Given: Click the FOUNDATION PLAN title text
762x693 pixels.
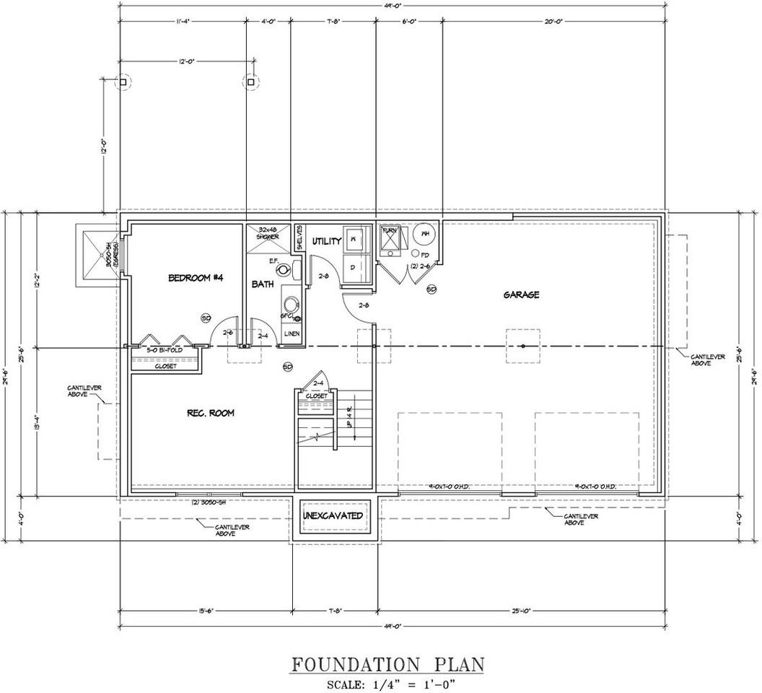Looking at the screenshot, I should pyautogui.click(x=387, y=664).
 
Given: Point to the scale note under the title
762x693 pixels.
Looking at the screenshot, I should pyautogui.click(x=387, y=683).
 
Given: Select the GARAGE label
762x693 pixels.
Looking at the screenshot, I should pyautogui.click(x=522, y=295).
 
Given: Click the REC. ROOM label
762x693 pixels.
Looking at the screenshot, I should pyautogui.click(x=210, y=413).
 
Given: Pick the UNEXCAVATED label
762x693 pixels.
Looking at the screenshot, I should pyautogui.click(x=333, y=515).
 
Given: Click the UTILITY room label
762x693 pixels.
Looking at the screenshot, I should pyautogui.click(x=326, y=242).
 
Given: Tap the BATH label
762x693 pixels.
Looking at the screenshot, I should pyautogui.click(x=263, y=284).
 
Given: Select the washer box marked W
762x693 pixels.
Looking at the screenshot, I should pyautogui.click(x=354, y=237).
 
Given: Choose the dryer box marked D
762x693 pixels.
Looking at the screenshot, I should pyautogui.click(x=354, y=266).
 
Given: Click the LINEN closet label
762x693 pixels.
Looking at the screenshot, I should pyautogui.click(x=292, y=334).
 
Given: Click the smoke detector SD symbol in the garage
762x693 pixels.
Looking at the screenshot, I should pyautogui.click(x=432, y=289).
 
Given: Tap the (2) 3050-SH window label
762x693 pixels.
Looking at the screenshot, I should pyautogui.click(x=210, y=502).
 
